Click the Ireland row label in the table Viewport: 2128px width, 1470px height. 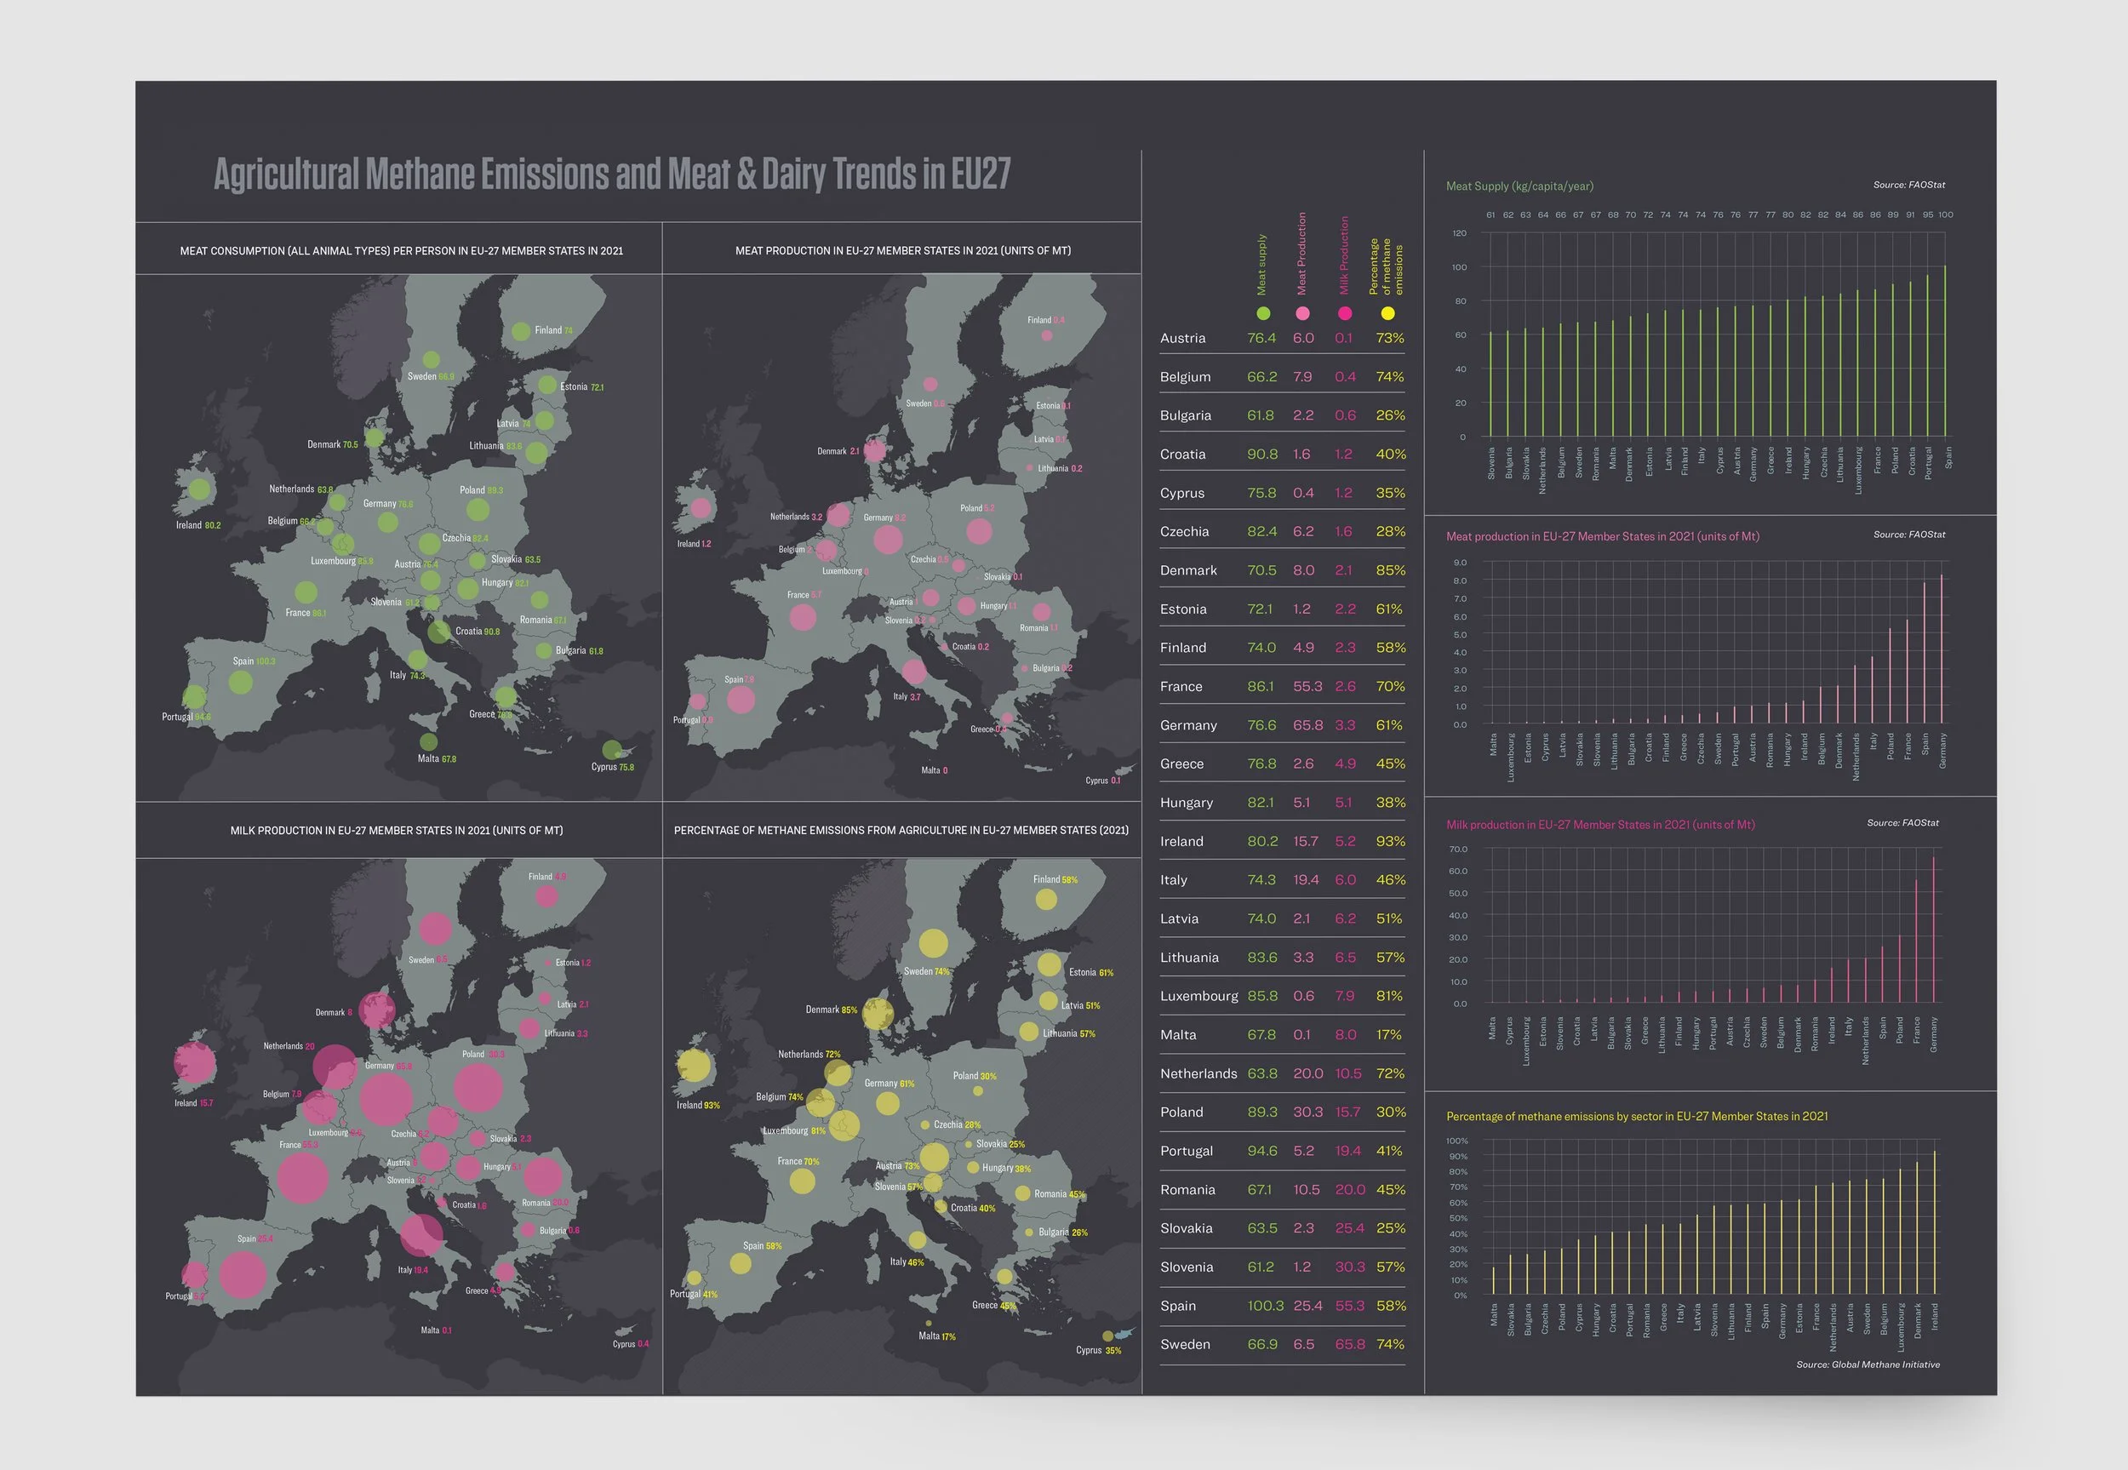pyautogui.click(x=1181, y=841)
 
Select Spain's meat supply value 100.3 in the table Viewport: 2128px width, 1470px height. pyautogui.click(x=1264, y=1305)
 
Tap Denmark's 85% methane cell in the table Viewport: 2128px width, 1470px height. pyautogui.click(x=1389, y=570)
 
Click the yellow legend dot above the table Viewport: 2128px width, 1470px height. pyautogui.click(x=1387, y=313)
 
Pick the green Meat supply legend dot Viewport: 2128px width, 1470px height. pyautogui.click(x=1263, y=313)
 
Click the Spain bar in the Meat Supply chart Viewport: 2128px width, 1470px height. pyautogui.click(x=1945, y=351)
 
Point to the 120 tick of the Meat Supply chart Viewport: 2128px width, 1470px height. pyautogui.click(x=1460, y=233)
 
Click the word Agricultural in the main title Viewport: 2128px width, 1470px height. pyautogui.click(x=286, y=174)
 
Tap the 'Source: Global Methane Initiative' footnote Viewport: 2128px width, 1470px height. pyautogui.click(x=1868, y=1364)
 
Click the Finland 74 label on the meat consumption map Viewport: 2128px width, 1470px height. pyautogui.click(x=553, y=329)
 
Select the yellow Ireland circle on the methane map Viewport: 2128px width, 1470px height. pyautogui.click(x=695, y=1067)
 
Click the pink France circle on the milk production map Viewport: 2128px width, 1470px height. pyautogui.click(x=302, y=1176)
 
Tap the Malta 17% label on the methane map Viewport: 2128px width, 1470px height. pyautogui.click(x=936, y=1336)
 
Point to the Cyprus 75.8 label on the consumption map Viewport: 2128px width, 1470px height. pyautogui.click(x=612, y=766)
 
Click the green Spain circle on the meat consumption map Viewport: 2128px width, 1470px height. pyautogui.click(x=240, y=683)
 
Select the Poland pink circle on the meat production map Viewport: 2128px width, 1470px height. pyautogui.click(x=979, y=530)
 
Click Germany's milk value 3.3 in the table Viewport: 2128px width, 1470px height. pyautogui.click(x=1344, y=725)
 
